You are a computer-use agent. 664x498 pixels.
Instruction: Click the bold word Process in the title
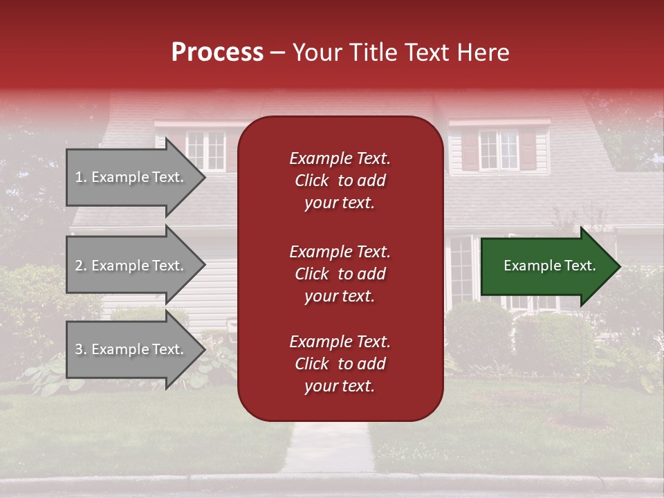pos(217,53)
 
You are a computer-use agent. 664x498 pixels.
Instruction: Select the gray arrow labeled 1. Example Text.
pos(131,177)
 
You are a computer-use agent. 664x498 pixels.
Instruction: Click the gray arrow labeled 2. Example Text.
pos(131,266)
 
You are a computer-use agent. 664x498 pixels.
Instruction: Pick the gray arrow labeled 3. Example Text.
pos(131,349)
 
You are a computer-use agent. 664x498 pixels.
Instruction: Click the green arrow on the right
pos(546,266)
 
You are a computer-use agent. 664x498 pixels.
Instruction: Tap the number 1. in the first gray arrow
pos(80,177)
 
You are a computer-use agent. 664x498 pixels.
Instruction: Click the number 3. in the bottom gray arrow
pos(80,349)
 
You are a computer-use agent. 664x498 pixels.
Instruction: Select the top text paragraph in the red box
pos(340,181)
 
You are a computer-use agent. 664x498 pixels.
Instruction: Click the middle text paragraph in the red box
pos(340,274)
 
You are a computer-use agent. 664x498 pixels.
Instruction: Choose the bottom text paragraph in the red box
pos(340,364)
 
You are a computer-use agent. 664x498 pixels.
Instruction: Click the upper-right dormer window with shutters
pos(499,149)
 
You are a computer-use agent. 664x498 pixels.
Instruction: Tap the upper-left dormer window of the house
pos(205,150)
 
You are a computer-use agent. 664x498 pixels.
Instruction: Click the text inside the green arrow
pos(549,266)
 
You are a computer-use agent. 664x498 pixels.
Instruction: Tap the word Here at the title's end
pos(484,53)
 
